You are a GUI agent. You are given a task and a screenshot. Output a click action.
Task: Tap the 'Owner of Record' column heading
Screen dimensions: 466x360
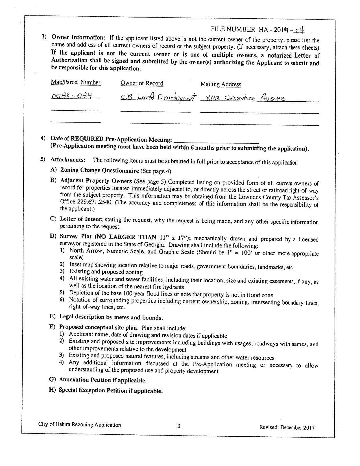pyautogui.click(x=142, y=83)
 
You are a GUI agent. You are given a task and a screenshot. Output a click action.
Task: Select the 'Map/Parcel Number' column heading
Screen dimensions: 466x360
pyautogui.click(x=75, y=82)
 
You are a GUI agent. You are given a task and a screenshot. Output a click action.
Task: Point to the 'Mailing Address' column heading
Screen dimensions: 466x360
pyautogui.click(x=221, y=84)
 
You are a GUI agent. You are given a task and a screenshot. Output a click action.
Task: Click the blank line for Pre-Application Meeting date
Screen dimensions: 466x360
pyautogui.click(x=217, y=140)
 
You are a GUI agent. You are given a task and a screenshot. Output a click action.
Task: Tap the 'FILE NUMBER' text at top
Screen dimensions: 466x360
pyautogui.click(x=233, y=29)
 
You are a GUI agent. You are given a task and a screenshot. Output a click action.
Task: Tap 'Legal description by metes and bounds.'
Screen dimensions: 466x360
pyautogui.click(x=111, y=317)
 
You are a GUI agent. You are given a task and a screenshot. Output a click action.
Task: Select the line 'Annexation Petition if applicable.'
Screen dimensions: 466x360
pyautogui.click(x=103, y=380)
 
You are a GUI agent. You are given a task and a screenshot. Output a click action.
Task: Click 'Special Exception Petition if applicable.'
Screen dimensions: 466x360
pyautogui.click(x=111, y=391)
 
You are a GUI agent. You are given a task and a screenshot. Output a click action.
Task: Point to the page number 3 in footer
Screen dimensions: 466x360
pyautogui.click(x=179, y=426)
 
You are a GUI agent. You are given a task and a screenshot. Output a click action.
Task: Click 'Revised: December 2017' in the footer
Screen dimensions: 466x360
pyautogui.click(x=287, y=427)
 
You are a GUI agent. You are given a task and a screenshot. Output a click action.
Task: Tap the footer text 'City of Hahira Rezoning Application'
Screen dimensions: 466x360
pyautogui.click(x=80, y=425)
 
